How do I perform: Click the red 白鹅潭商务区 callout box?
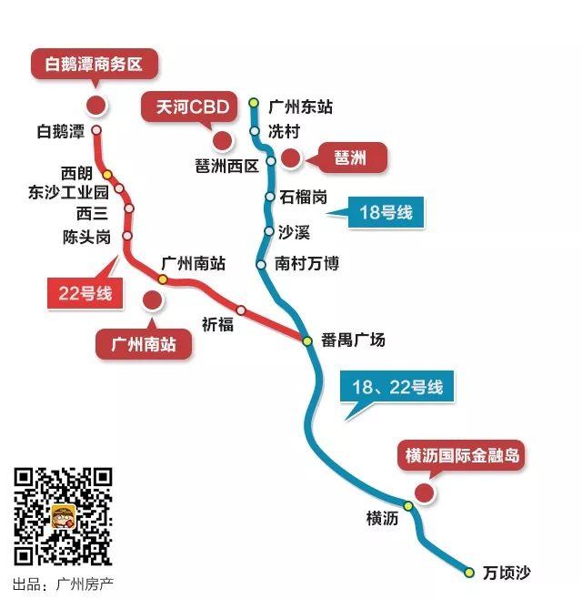point(95,65)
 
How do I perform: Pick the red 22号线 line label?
point(85,293)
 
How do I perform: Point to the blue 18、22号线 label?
point(398,387)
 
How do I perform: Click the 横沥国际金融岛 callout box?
point(463,455)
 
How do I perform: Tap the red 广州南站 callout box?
point(144,344)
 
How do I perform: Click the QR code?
point(63,515)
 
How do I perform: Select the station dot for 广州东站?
point(254,102)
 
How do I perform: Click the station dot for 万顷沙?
point(469,573)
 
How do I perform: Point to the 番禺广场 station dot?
point(308,340)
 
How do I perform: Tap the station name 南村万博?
point(307,265)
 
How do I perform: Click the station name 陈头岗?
point(86,237)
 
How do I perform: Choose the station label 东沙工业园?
point(68,192)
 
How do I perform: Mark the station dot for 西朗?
point(107,174)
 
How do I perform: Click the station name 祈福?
point(217,324)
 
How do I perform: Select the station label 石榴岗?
point(304,197)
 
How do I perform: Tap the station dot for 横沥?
point(408,506)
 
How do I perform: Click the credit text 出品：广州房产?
point(64,584)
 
